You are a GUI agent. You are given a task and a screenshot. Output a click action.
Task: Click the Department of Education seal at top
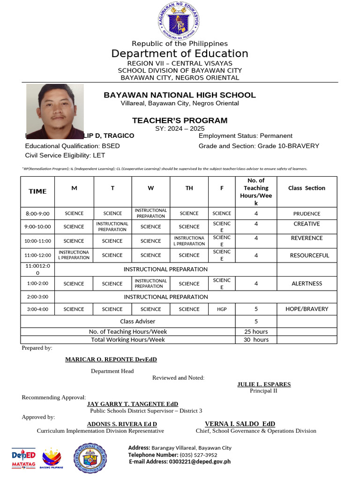(180, 21)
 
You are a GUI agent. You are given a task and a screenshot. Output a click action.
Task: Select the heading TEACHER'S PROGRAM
(180, 120)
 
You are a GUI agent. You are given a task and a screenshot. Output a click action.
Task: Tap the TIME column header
(37, 191)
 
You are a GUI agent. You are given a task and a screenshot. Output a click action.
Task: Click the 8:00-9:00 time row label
(37, 213)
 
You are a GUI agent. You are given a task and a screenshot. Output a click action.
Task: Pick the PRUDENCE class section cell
(307, 213)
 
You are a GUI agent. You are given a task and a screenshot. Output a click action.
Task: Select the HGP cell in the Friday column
(222, 309)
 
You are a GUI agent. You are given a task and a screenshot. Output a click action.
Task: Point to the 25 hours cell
(256, 331)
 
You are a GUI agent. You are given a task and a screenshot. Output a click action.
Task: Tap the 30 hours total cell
(256, 340)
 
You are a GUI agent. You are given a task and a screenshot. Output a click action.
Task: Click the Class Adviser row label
(137, 321)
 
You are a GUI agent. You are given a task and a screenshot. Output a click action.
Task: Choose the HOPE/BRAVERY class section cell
(307, 309)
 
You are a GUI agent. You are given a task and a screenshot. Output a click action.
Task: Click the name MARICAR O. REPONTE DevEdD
(111, 360)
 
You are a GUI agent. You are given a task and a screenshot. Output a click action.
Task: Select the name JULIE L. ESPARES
(264, 384)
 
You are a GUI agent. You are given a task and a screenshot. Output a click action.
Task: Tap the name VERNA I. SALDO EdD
(240, 424)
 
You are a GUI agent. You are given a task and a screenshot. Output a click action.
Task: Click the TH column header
(189, 188)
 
